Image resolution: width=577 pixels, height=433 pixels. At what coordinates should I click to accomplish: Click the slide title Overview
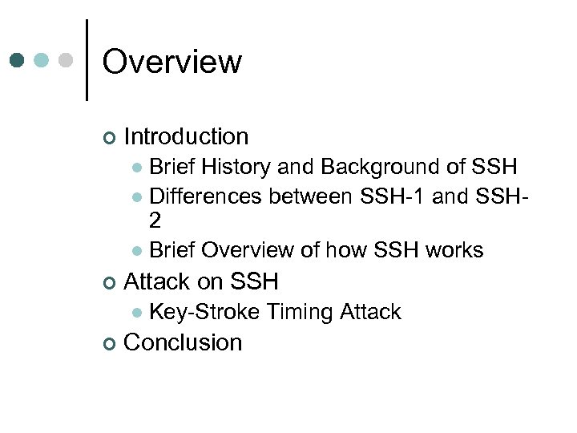coord(171,62)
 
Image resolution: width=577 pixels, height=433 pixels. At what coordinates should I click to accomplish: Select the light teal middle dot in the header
coord(42,60)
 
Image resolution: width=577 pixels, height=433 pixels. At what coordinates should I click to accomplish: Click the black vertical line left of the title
coord(87,60)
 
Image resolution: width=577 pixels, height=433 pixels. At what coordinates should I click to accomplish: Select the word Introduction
coord(186,137)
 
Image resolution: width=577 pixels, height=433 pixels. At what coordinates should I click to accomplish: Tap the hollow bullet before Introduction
coord(109,138)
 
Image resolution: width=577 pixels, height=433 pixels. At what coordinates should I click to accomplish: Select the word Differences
coord(206,196)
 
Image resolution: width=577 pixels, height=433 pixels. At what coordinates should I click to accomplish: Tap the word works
coord(454,250)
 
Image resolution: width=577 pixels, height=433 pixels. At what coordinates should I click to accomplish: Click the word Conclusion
coord(183,342)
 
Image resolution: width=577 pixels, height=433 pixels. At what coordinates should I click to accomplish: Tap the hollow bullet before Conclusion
coord(109,343)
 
